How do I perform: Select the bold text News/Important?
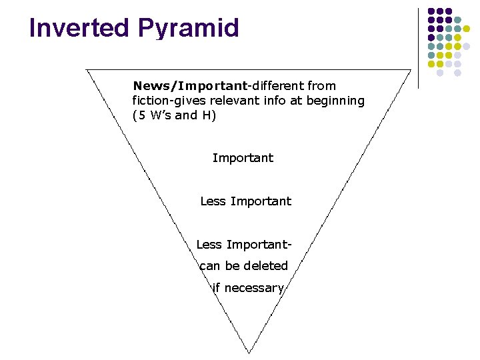pyautogui.click(x=189, y=86)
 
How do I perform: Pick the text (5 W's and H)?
pyautogui.click(x=174, y=115)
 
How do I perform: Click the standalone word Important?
pyautogui.click(x=243, y=158)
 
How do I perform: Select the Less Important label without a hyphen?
pyautogui.click(x=245, y=201)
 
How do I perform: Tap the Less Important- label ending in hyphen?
pyautogui.click(x=243, y=245)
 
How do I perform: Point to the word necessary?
pyautogui.click(x=254, y=288)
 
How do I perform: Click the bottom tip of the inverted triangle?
pyautogui.click(x=249, y=352)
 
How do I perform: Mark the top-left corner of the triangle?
pyautogui.click(x=87, y=69)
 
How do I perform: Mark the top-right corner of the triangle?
pyautogui.click(x=410, y=69)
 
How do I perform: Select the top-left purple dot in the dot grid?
pyautogui.click(x=431, y=12)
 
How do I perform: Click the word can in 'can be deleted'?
pyautogui.click(x=210, y=266)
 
